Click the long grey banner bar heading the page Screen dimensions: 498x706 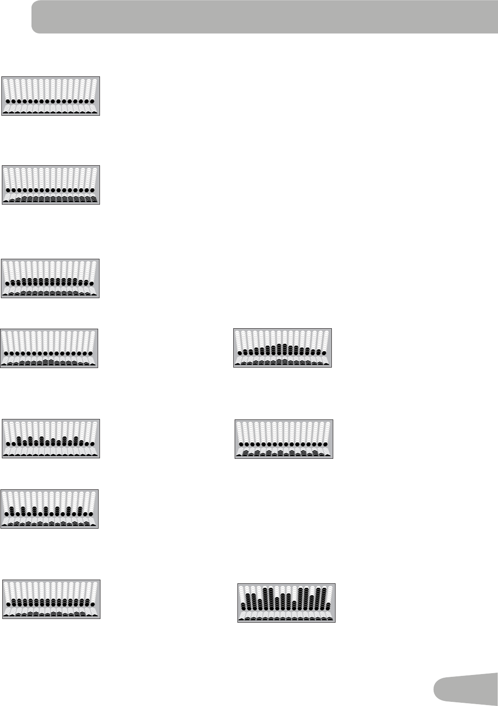(x=264, y=17)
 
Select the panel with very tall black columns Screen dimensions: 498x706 (x=286, y=603)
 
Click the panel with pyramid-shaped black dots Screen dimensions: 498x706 (x=282, y=348)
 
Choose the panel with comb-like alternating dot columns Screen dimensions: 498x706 (x=50, y=509)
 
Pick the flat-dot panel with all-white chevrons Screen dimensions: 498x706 (x=51, y=96)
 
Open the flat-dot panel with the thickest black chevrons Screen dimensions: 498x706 (x=51, y=185)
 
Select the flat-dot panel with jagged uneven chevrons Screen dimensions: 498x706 (x=284, y=439)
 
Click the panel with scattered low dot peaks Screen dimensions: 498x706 (x=51, y=438)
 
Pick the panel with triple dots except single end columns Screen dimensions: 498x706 (x=50, y=599)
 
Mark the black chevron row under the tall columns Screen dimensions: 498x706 (x=286, y=618)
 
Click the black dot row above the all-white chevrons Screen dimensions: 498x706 (x=50, y=101)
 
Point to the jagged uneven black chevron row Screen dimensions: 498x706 (x=284, y=453)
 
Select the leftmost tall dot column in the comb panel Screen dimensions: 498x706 (x=12, y=511)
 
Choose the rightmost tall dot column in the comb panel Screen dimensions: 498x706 (x=80, y=512)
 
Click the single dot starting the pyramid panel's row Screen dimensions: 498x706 (x=239, y=353)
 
